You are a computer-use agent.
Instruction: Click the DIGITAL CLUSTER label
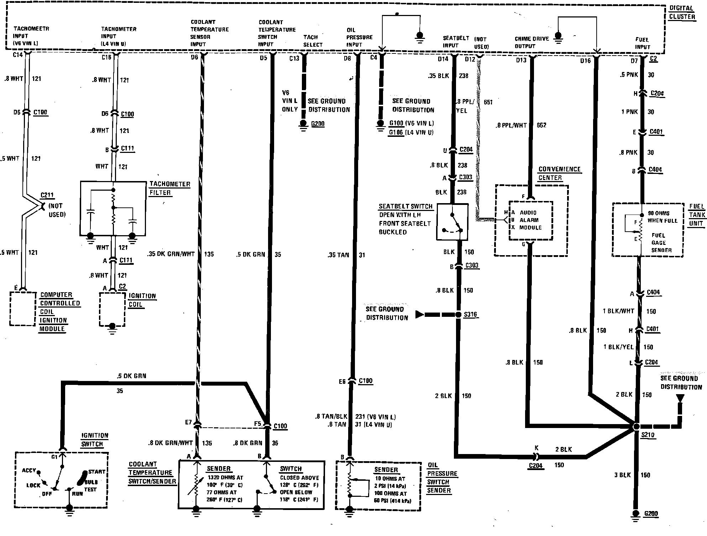tap(682, 12)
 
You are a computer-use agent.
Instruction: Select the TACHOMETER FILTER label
tap(169, 188)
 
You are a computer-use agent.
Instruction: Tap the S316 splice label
tap(470, 315)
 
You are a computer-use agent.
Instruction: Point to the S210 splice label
tap(648, 435)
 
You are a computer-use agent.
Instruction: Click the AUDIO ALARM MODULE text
tap(530, 220)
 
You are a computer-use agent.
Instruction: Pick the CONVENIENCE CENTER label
tap(559, 173)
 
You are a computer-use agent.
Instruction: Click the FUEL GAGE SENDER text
tap(661, 243)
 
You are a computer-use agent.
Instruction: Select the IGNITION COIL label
tap(142, 300)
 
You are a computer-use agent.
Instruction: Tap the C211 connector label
tap(47, 195)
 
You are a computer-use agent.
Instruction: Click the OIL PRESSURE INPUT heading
tap(359, 37)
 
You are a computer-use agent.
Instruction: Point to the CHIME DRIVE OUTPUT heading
tap(531, 42)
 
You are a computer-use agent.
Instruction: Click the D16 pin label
tap(585, 61)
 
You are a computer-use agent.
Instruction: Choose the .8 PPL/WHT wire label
tap(511, 125)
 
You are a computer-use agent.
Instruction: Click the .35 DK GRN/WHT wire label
tap(171, 254)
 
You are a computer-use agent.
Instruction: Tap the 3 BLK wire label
tap(622, 475)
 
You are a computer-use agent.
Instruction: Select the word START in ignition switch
tap(96, 472)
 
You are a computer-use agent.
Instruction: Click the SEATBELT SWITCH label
tap(405, 206)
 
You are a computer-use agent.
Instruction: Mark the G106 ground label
tap(396, 133)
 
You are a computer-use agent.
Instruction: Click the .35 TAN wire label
tap(338, 255)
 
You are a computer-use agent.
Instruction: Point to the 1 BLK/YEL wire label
tap(618, 347)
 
